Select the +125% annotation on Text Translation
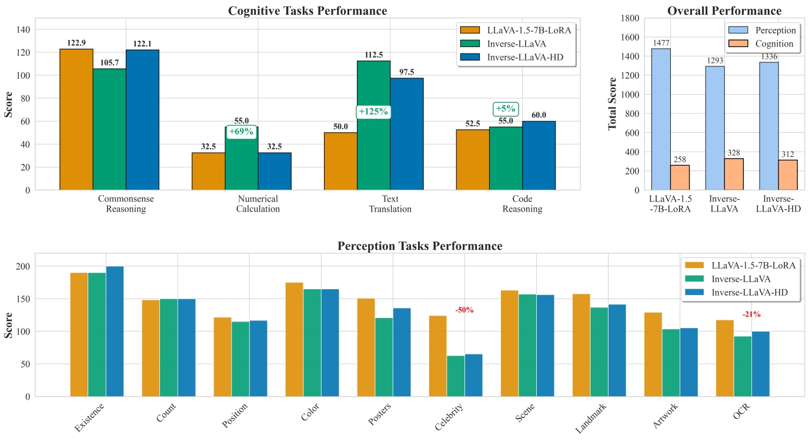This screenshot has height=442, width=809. (x=373, y=112)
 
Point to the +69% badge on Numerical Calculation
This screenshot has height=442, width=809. (x=241, y=132)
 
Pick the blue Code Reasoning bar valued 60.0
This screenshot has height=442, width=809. (x=539, y=155)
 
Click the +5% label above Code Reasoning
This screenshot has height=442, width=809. (x=505, y=109)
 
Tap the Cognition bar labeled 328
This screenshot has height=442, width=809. (x=734, y=174)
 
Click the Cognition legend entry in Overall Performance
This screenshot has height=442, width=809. (x=774, y=44)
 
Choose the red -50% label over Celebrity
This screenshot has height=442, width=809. (x=464, y=310)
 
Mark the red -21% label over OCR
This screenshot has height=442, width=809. (x=751, y=314)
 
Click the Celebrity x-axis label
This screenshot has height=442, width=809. (x=449, y=416)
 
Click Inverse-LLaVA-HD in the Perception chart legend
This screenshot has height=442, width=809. (x=749, y=292)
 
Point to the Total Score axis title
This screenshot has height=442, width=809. (x=612, y=103)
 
